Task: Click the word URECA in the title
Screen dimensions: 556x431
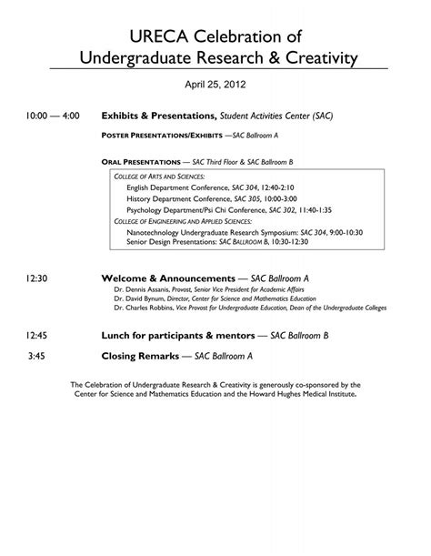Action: point(155,35)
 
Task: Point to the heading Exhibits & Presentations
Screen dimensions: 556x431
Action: point(158,117)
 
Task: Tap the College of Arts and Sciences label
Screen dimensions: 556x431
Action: point(159,175)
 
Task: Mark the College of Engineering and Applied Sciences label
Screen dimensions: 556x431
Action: point(195,220)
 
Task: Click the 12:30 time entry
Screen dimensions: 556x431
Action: point(37,278)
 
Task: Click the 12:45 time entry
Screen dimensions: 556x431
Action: point(37,336)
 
